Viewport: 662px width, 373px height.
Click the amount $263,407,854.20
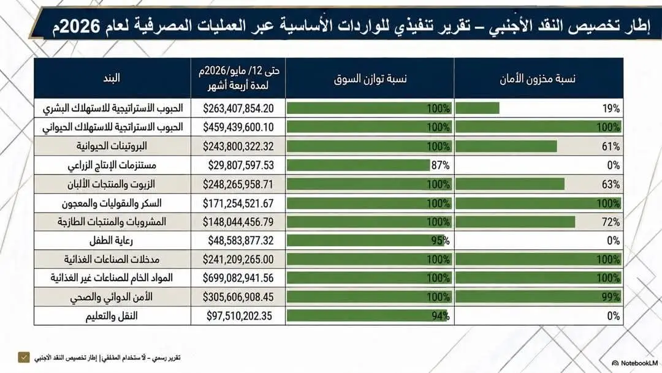coord(238,108)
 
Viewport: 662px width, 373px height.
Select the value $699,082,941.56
coord(238,277)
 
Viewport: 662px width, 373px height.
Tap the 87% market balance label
coord(440,165)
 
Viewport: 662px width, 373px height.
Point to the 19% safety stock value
coord(611,108)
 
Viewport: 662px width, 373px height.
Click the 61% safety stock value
coord(611,146)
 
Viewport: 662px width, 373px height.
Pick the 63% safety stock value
coord(611,184)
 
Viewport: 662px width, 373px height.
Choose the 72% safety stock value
coord(611,222)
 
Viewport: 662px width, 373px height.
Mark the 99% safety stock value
coord(611,297)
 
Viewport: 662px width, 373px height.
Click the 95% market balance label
coord(440,241)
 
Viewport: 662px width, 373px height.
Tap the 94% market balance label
coord(440,316)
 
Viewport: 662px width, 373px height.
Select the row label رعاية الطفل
coord(111,241)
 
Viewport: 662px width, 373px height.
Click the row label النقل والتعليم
coord(112,316)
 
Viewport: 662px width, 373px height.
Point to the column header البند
coord(112,78)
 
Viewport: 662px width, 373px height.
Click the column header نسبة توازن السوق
coord(370,78)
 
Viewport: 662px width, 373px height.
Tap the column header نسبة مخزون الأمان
coord(538,78)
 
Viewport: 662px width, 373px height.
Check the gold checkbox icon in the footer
coord(24,358)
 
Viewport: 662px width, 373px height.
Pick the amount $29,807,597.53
coord(241,165)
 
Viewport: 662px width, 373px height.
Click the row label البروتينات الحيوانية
coord(112,146)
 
